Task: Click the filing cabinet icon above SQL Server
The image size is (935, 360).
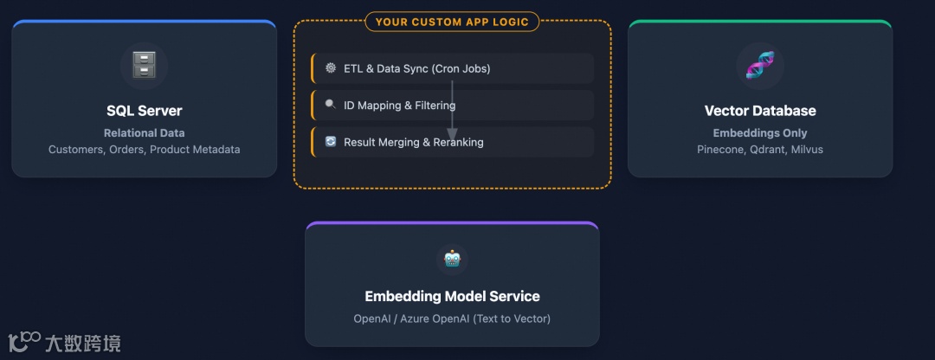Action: (x=144, y=65)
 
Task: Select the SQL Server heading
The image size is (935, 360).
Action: (x=144, y=111)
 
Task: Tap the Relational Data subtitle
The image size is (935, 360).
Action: (x=144, y=133)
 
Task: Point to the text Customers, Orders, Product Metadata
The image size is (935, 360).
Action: (x=144, y=150)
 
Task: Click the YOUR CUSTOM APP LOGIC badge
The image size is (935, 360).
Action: (x=452, y=22)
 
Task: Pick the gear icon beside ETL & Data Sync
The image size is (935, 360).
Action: (x=331, y=67)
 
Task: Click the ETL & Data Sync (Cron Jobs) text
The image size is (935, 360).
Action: (x=417, y=68)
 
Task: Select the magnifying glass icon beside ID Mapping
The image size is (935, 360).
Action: (x=331, y=105)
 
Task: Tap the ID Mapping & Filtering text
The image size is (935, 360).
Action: (x=399, y=106)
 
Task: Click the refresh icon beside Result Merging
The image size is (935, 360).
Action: (x=331, y=141)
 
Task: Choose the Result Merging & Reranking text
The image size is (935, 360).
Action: (x=414, y=142)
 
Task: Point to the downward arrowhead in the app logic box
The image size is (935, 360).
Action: (x=452, y=133)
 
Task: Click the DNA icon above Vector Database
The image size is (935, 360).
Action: (x=760, y=65)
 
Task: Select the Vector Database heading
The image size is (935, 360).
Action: (x=760, y=111)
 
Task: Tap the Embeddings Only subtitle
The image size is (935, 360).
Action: (x=760, y=133)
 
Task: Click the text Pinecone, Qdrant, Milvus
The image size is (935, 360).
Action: (x=760, y=150)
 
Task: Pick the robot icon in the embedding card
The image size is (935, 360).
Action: (x=452, y=258)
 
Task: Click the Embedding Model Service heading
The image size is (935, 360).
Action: (x=452, y=296)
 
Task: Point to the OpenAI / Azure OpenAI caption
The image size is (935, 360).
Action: (x=452, y=318)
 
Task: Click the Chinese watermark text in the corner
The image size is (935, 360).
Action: (x=83, y=343)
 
